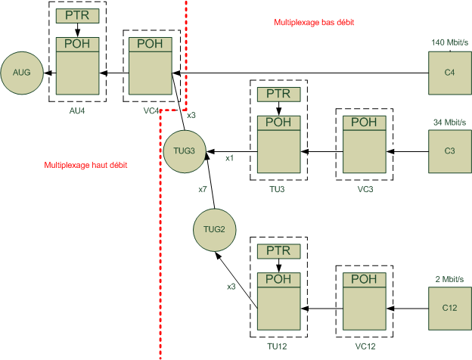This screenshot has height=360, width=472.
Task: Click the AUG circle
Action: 20,73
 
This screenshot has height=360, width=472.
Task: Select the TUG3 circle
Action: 184,151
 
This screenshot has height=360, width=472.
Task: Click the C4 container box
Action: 449,73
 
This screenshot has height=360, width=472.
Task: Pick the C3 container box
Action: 449,151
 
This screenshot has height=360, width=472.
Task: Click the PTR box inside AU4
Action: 77,16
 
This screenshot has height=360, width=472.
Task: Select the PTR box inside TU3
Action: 279,95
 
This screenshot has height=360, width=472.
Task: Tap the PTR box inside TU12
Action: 279,250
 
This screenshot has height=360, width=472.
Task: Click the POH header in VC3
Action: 364,123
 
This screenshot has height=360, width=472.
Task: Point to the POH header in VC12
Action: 364,279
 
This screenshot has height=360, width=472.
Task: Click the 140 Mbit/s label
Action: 449,42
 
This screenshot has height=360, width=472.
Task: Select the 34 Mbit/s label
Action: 449,122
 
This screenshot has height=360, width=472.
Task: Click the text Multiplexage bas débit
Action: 313,23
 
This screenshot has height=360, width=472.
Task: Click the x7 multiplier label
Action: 203,189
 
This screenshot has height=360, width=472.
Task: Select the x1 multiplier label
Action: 230,158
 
